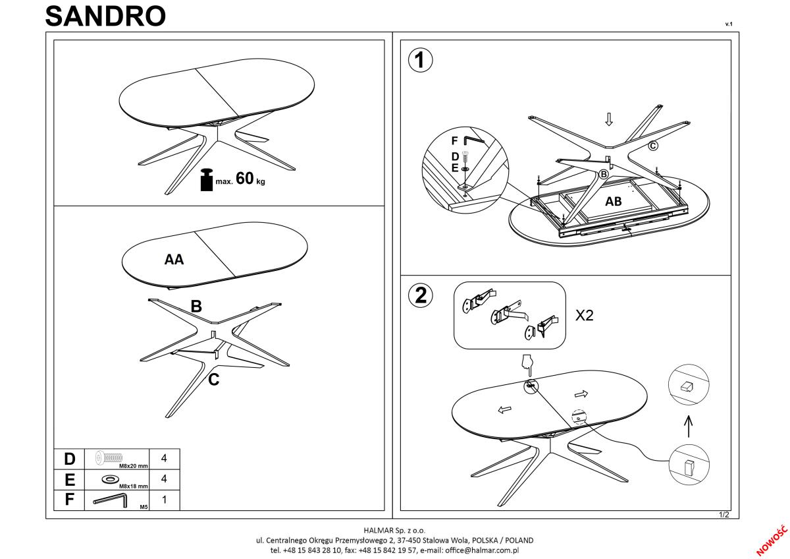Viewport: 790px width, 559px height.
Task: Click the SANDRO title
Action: (x=105, y=16)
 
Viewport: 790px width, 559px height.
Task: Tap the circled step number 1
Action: (x=421, y=61)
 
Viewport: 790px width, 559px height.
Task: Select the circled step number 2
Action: (x=421, y=295)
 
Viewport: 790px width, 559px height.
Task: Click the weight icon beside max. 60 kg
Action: (x=207, y=180)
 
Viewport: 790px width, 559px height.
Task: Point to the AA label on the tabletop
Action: (x=174, y=260)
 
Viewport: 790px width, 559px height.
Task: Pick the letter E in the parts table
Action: (x=70, y=479)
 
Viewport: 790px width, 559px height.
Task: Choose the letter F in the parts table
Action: (x=70, y=500)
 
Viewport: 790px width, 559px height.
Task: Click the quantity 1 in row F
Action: (x=164, y=500)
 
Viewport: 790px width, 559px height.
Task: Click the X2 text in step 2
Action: (x=585, y=316)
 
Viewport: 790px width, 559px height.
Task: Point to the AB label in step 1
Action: (x=613, y=202)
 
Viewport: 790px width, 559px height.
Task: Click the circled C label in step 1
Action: (x=653, y=146)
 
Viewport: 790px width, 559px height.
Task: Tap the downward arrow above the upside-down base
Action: (x=609, y=119)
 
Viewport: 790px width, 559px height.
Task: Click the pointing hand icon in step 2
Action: (x=525, y=363)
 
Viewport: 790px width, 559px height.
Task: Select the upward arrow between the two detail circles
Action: (x=689, y=426)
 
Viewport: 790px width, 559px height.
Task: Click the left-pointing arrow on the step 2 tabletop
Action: (x=504, y=410)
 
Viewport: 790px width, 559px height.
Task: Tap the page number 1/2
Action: (x=725, y=515)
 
